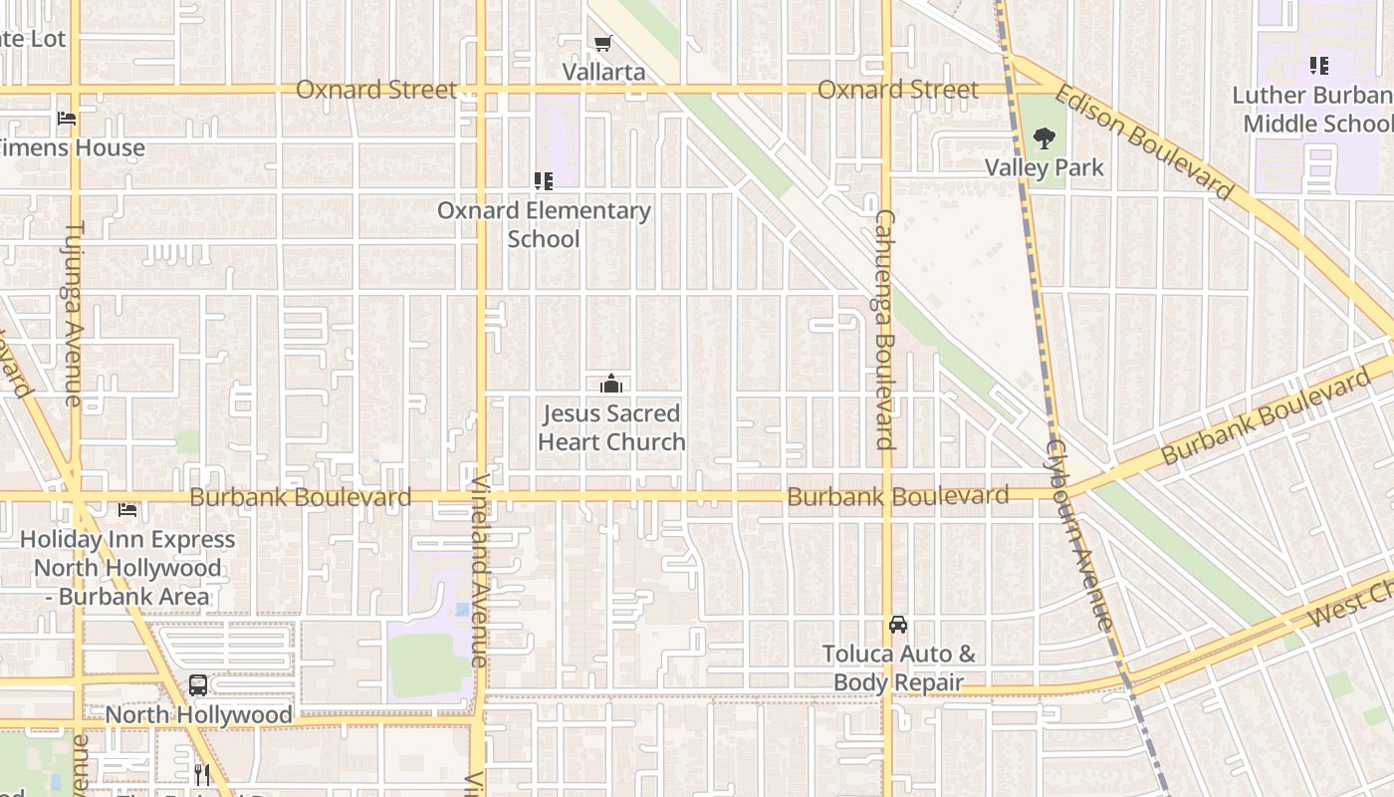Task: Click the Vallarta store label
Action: (x=603, y=72)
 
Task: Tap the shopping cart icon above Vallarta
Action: (x=602, y=43)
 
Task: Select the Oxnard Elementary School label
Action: (x=544, y=224)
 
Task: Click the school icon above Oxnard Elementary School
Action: (x=544, y=181)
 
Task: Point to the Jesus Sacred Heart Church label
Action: (x=611, y=427)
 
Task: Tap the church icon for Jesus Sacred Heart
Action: (x=611, y=384)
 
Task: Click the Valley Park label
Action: (x=1045, y=167)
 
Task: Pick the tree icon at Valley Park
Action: (x=1044, y=138)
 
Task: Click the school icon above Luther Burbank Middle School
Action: (x=1319, y=67)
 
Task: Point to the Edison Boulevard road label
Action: (x=1143, y=140)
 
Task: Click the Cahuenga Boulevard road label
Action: (x=885, y=329)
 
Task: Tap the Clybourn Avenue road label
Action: (x=1077, y=533)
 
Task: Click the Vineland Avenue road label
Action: (x=479, y=570)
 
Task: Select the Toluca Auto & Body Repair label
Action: (x=898, y=668)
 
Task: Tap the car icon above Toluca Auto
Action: (x=898, y=625)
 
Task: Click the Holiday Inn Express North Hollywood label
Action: (x=127, y=568)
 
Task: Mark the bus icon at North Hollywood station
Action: (x=198, y=685)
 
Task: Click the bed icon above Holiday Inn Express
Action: (x=127, y=510)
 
